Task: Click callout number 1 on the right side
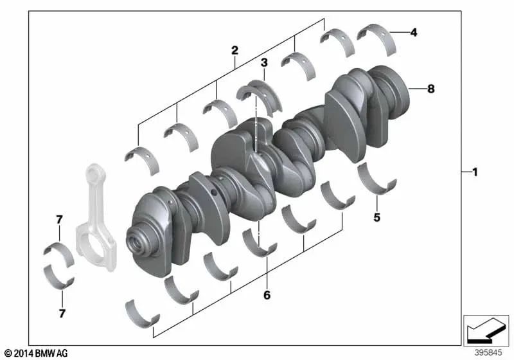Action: (474, 172)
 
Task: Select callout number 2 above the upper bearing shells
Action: (235, 50)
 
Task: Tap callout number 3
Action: (263, 62)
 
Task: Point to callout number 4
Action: (414, 32)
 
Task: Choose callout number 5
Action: (377, 217)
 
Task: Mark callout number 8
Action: (430, 89)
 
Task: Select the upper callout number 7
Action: (59, 220)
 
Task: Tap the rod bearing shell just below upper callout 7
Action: (58, 251)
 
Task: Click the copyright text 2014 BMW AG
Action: (35, 353)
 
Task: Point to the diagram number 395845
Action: (490, 353)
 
